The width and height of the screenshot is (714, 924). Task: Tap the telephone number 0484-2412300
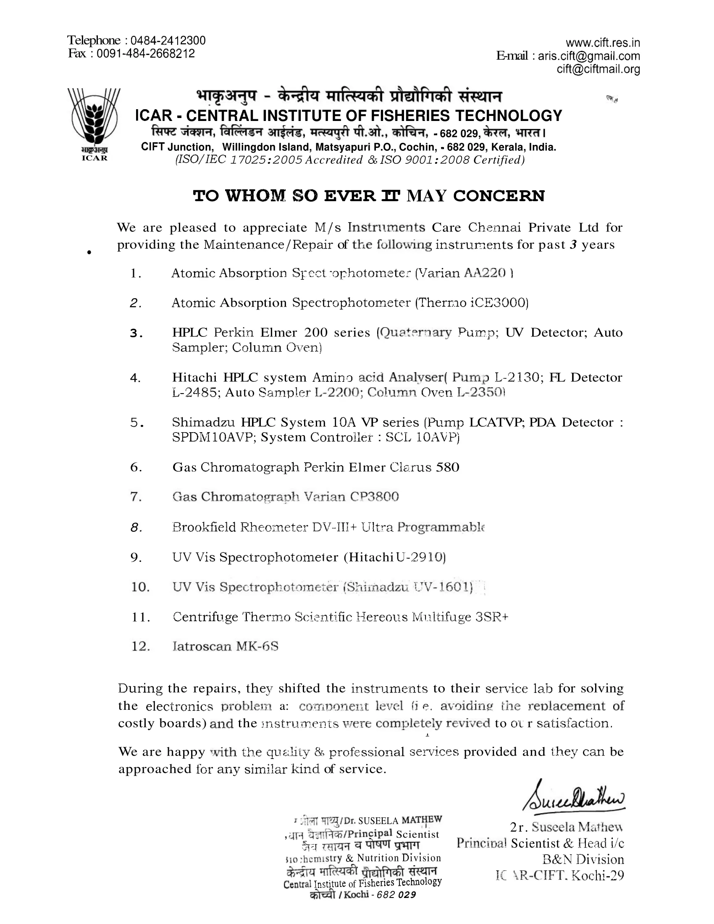[168, 41]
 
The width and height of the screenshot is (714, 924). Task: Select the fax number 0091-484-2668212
[145, 54]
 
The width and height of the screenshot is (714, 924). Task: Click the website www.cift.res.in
[602, 43]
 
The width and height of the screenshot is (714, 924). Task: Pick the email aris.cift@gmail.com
[589, 56]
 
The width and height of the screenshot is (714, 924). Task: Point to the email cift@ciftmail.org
[598, 69]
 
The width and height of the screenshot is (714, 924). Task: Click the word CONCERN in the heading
[499, 196]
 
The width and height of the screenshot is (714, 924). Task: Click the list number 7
[136, 497]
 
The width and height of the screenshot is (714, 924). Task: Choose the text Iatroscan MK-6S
[226, 646]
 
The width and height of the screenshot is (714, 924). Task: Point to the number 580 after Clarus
[447, 467]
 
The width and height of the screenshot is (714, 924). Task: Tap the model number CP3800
[374, 497]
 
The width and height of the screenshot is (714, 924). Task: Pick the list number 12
[140, 646]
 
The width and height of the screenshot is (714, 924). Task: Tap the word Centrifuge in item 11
[205, 617]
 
